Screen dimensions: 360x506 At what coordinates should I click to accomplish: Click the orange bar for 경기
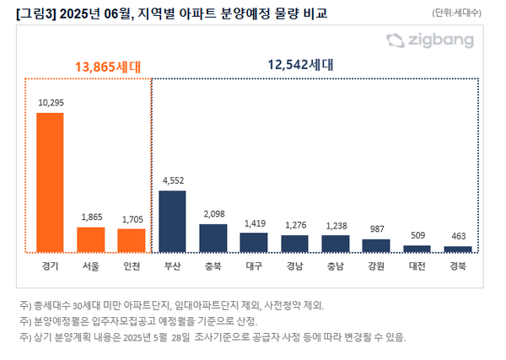pos(50,182)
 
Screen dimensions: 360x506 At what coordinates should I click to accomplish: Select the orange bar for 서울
pos(91,239)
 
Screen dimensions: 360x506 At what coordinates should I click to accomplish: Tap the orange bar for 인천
pos(132,240)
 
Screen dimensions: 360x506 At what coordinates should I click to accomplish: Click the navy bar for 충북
pos(213,238)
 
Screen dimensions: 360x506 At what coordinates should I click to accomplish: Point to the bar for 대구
pos(254,243)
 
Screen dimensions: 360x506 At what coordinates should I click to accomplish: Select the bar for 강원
pos(376,245)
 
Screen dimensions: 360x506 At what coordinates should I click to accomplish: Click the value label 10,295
pos(50,102)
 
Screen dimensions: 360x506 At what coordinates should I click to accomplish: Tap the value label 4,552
pos(172,180)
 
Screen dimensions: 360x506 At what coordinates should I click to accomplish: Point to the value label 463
pos(458,236)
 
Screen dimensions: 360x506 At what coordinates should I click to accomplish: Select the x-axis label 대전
pos(417,266)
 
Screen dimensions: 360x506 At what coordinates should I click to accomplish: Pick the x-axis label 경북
pos(458,266)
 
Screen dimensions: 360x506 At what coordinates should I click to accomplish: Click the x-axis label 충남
pos(336,266)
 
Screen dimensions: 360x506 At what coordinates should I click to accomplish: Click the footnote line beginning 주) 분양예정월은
pos(143,320)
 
